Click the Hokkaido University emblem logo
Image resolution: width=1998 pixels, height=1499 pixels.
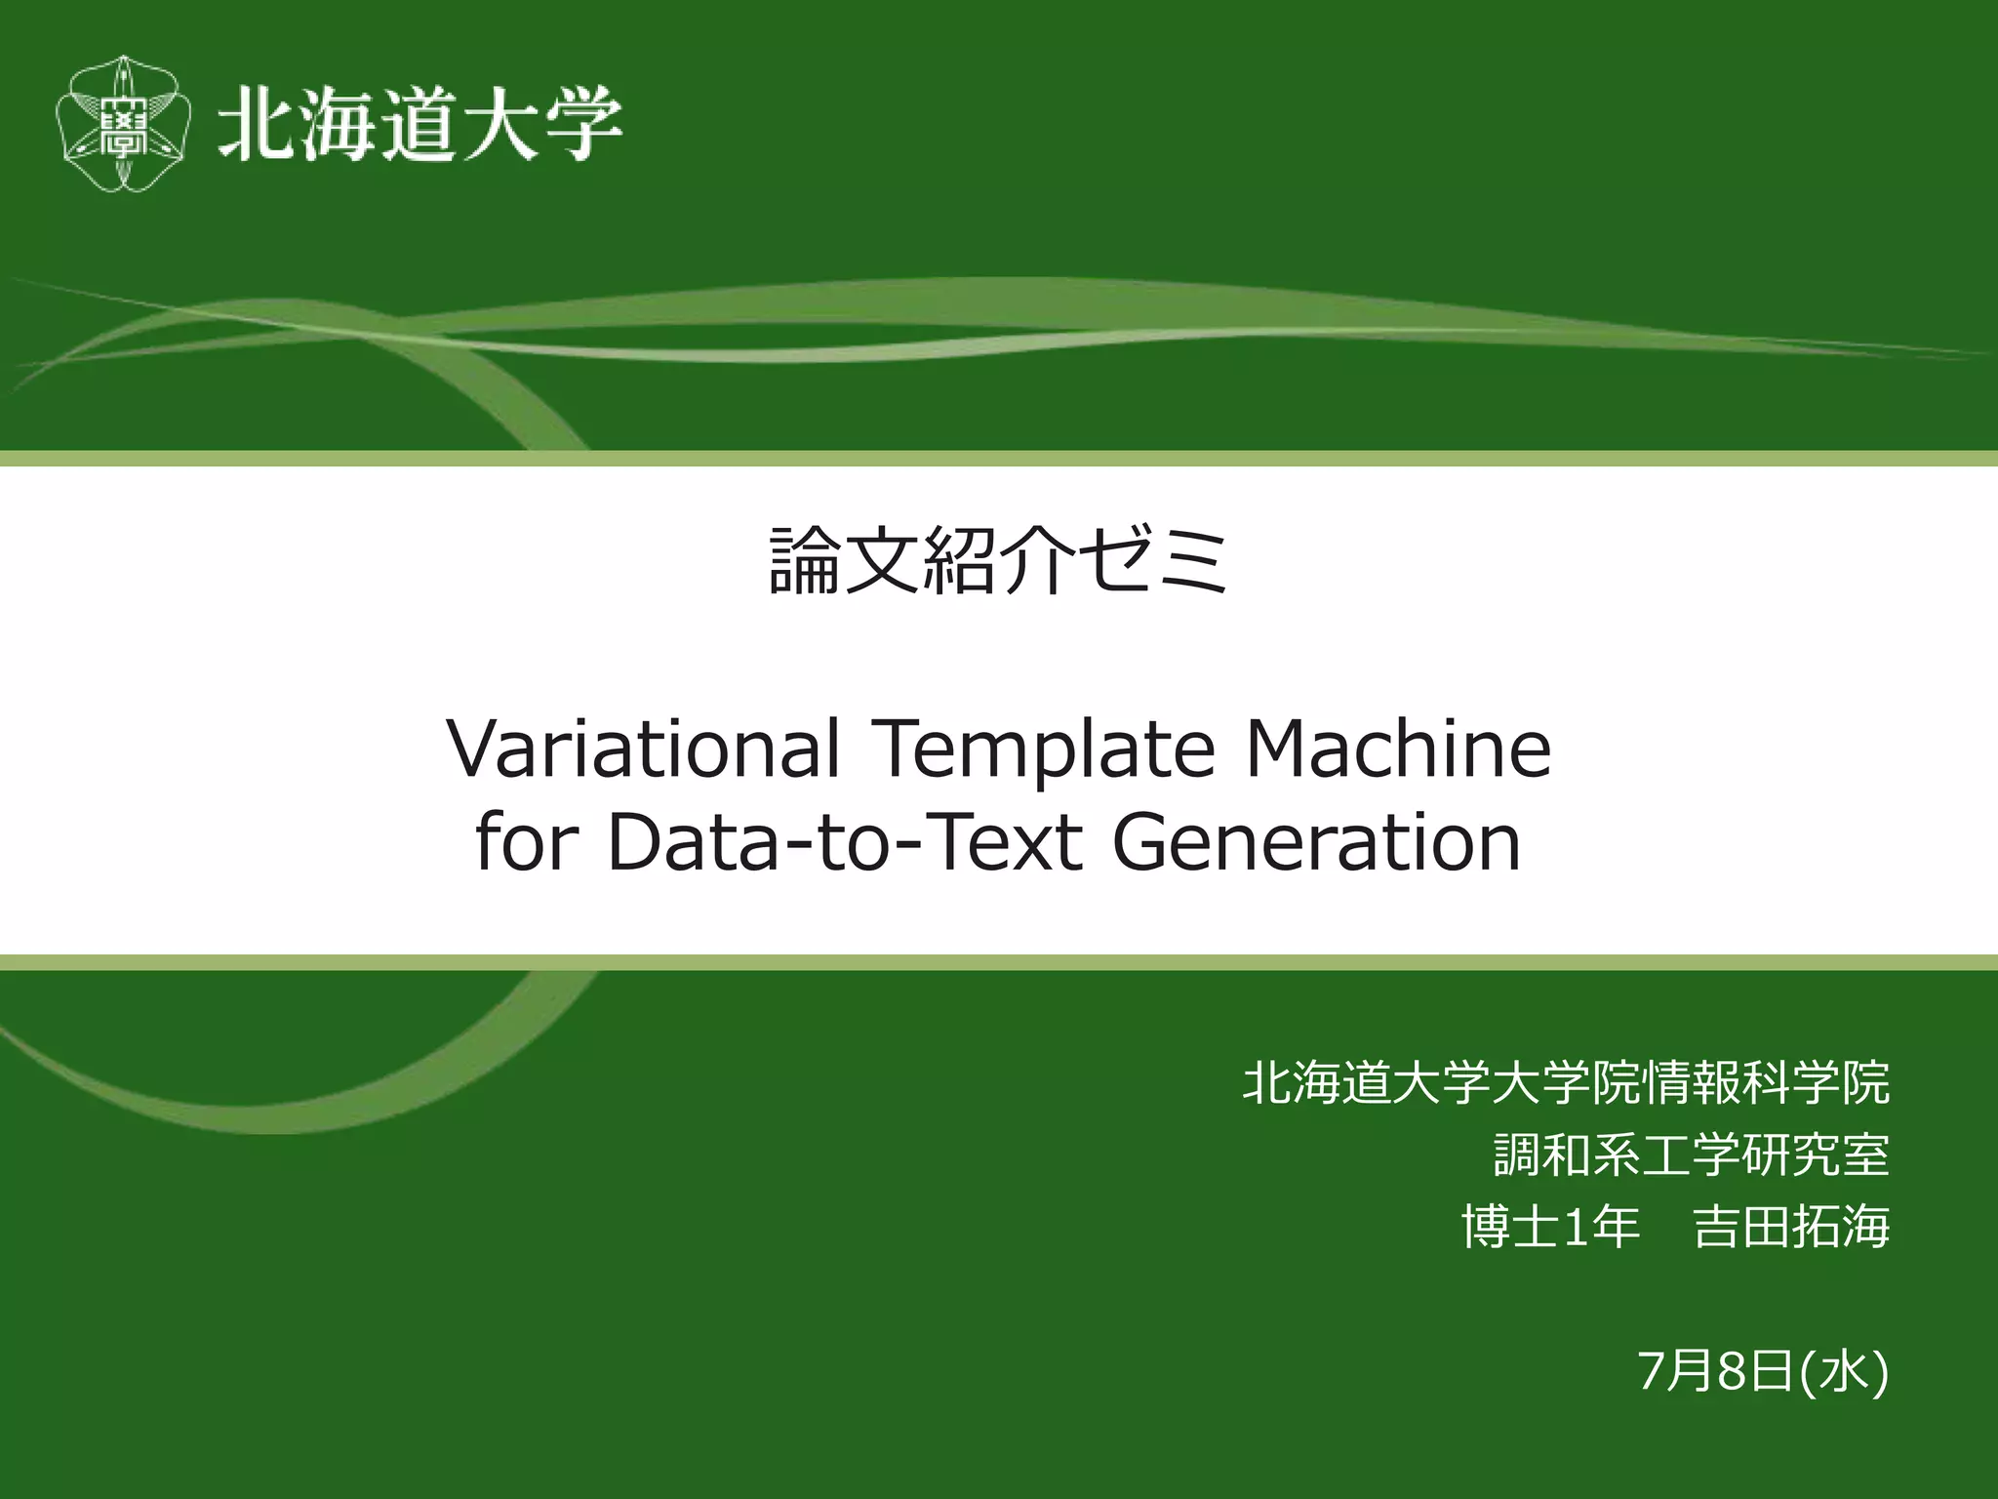(x=122, y=124)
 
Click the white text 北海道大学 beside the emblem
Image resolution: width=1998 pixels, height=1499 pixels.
(x=420, y=124)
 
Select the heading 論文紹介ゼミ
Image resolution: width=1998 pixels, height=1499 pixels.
(x=998, y=560)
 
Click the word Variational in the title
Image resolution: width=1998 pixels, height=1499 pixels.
(x=644, y=749)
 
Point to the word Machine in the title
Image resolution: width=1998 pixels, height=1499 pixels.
(x=1397, y=749)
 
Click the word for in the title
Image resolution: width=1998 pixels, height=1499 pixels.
(x=527, y=841)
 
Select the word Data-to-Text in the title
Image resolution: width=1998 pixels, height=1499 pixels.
(x=845, y=841)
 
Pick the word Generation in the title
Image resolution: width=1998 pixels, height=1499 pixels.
(x=1316, y=841)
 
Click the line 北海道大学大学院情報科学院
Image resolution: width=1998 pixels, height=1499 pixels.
(x=1566, y=1083)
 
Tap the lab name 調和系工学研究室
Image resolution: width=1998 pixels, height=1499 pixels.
(x=1691, y=1155)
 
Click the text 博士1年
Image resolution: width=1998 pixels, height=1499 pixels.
(x=1551, y=1228)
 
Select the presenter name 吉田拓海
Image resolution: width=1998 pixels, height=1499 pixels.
(x=1791, y=1228)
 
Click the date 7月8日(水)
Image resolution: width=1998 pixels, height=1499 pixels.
(x=1763, y=1371)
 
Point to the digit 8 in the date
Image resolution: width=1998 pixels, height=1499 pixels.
(x=1731, y=1371)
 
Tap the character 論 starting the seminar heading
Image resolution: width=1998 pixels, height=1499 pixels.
(x=805, y=560)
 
